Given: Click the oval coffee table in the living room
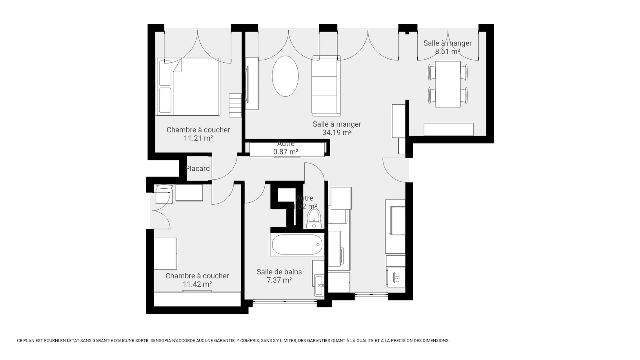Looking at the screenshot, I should tap(285, 76).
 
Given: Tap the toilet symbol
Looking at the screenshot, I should tap(314, 218).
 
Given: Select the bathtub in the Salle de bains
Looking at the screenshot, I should tap(297, 244).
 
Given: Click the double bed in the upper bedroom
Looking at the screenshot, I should tap(188, 87).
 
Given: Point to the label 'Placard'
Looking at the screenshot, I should tap(197, 169).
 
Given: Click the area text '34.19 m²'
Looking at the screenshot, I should tap(336, 133).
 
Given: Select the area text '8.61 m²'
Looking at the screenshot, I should tap(447, 51).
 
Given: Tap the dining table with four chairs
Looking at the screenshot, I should tap(447, 84).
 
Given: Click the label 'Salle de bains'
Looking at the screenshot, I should tap(279, 272).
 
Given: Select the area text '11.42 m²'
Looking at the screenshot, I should tap(197, 284).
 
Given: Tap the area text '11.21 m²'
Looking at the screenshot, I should tap(198, 138).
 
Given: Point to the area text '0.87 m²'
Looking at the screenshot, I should tap(285, 152).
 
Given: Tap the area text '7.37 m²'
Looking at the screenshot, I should tap(279, 280).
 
